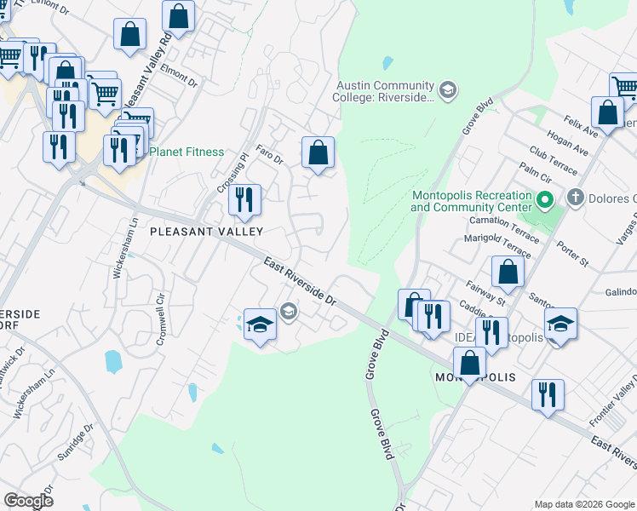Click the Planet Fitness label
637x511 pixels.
coord(187,152)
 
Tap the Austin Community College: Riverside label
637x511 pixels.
coord(385,92)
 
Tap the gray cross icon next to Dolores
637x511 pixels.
coord(576,198)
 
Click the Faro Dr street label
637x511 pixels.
coord(269,158)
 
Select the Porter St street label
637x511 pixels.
coord(572,254)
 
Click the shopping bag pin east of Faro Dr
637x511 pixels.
coord(318,154)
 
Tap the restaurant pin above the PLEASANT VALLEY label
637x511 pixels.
coord(244,201)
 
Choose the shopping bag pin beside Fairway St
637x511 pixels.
coord(508,273)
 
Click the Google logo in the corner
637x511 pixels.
coord(29,501)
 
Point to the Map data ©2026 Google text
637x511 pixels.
coord(584,503)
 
